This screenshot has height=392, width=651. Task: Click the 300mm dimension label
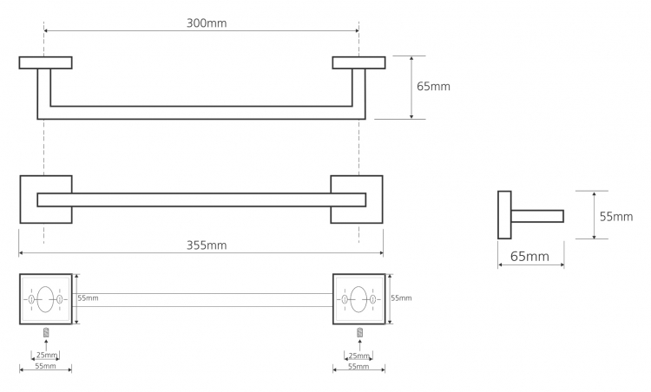(207, 23)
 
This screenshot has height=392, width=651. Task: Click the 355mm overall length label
(207, 245)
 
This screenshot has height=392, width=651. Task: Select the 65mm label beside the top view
(433, 86)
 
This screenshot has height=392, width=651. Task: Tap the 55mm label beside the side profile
(616, 217)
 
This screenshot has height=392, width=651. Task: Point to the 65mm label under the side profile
(529, 257)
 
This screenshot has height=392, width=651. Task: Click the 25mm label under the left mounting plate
(47, 355)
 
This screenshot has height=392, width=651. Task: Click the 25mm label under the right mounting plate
(358, 356)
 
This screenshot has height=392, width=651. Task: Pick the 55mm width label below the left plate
(45, 366)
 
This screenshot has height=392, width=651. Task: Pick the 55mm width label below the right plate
(358, 366)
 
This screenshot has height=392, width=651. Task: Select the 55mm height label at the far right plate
(402, 297)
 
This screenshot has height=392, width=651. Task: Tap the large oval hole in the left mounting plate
(45, 299)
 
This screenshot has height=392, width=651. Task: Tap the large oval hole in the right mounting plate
(358, 299)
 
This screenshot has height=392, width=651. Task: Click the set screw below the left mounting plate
(46, 332)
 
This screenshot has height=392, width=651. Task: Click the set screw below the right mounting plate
(360, 332)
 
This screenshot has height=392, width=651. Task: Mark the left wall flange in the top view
(46, 62)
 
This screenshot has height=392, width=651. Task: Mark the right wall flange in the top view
(358, 62)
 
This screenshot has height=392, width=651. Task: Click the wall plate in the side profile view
(504, 215)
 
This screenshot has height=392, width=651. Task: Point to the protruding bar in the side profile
(537, 216)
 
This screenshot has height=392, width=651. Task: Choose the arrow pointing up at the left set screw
(46, 345)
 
